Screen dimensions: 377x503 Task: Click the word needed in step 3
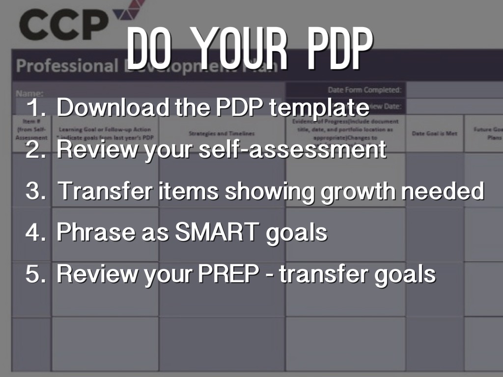point(442,191)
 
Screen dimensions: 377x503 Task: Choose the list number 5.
point(35,274)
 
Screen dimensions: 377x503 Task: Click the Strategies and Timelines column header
point(222,133)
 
